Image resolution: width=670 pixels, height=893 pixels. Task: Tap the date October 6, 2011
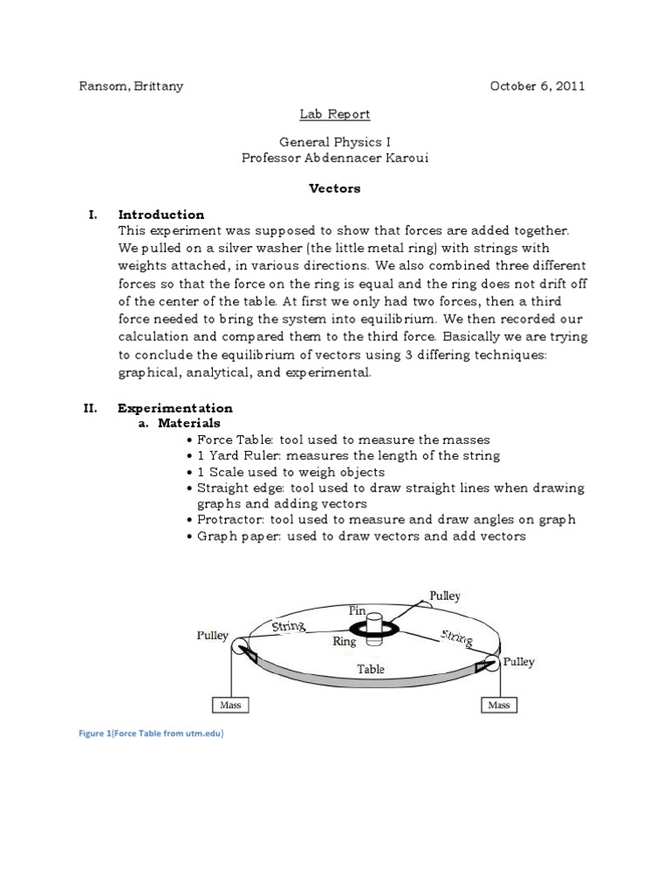point(537,86)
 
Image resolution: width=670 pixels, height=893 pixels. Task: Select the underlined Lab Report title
point(335,114)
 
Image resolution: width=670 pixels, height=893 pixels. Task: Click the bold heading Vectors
point(336,187)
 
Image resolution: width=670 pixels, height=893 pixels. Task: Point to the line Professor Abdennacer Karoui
point(336,158)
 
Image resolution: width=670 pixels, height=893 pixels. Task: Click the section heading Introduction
point(161,214)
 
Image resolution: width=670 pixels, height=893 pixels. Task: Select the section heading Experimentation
point(175,407)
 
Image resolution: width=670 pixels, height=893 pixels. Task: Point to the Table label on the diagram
point(371,670)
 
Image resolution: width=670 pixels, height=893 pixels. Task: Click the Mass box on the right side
point(498,705)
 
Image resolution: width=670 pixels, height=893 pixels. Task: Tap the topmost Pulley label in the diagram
point(444,597)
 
